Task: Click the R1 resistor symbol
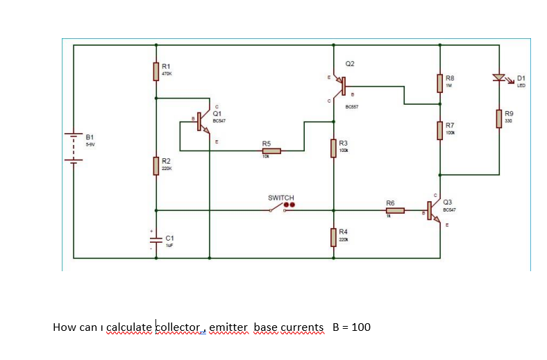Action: tap(156, 71)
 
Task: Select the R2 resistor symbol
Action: tap(156, 166)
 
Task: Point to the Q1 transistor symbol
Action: tap(203, 120)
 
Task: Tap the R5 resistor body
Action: tap(271, 151)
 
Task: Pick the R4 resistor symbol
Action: tap(334, 236)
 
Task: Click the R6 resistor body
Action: tap(395, 209)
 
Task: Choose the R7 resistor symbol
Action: tap(440, 130)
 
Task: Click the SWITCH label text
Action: tap(281, 198)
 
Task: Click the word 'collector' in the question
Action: tap(178, 327)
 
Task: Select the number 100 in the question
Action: tap(361, 327)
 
